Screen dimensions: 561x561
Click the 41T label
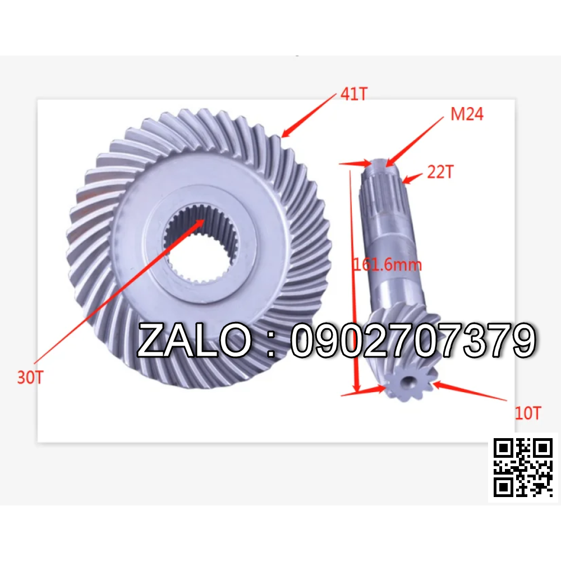click(x=354, y=94)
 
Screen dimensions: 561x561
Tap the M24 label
click(x=467, y=114)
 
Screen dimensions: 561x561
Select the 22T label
click(x=440, y=172)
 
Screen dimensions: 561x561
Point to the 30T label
click(x=30, y=377)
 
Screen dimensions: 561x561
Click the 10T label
click(x=528, y=413)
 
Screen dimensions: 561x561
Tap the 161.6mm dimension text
click(x=388, y=265)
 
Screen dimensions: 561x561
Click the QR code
click(x=523, y=468)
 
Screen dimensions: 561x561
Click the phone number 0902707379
click(x=413, y=340)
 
